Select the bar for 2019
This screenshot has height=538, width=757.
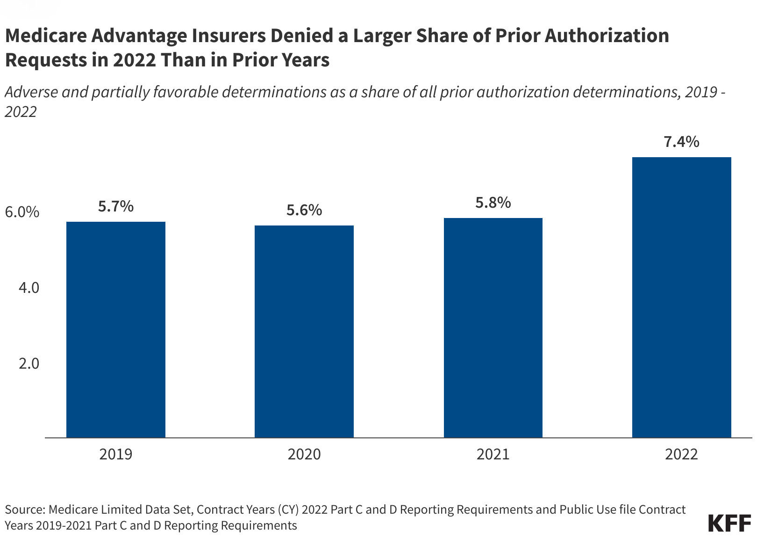pos(115,329)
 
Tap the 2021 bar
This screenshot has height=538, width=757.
pos(493,327)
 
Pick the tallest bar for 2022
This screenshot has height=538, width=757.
pos(681,297)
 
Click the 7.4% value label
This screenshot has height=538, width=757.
pos(681,142)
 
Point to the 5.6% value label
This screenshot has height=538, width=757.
pos(304,210)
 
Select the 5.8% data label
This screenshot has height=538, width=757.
pos(493,203)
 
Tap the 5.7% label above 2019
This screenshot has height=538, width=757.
pos(115,206)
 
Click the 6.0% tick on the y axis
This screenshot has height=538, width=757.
pos(22,212)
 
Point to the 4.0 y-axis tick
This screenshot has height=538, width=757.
pos(29,288)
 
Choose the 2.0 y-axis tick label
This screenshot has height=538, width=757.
pos(29,364)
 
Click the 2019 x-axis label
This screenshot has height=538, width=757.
pos(115,454)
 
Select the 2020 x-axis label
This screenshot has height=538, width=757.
pos(304,454)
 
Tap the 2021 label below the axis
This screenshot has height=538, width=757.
pos(493,454)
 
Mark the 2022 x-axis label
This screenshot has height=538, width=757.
pos(681,454)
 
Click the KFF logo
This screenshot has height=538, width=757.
pos(729,523)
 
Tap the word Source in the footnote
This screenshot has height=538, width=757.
pos(23,509)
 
